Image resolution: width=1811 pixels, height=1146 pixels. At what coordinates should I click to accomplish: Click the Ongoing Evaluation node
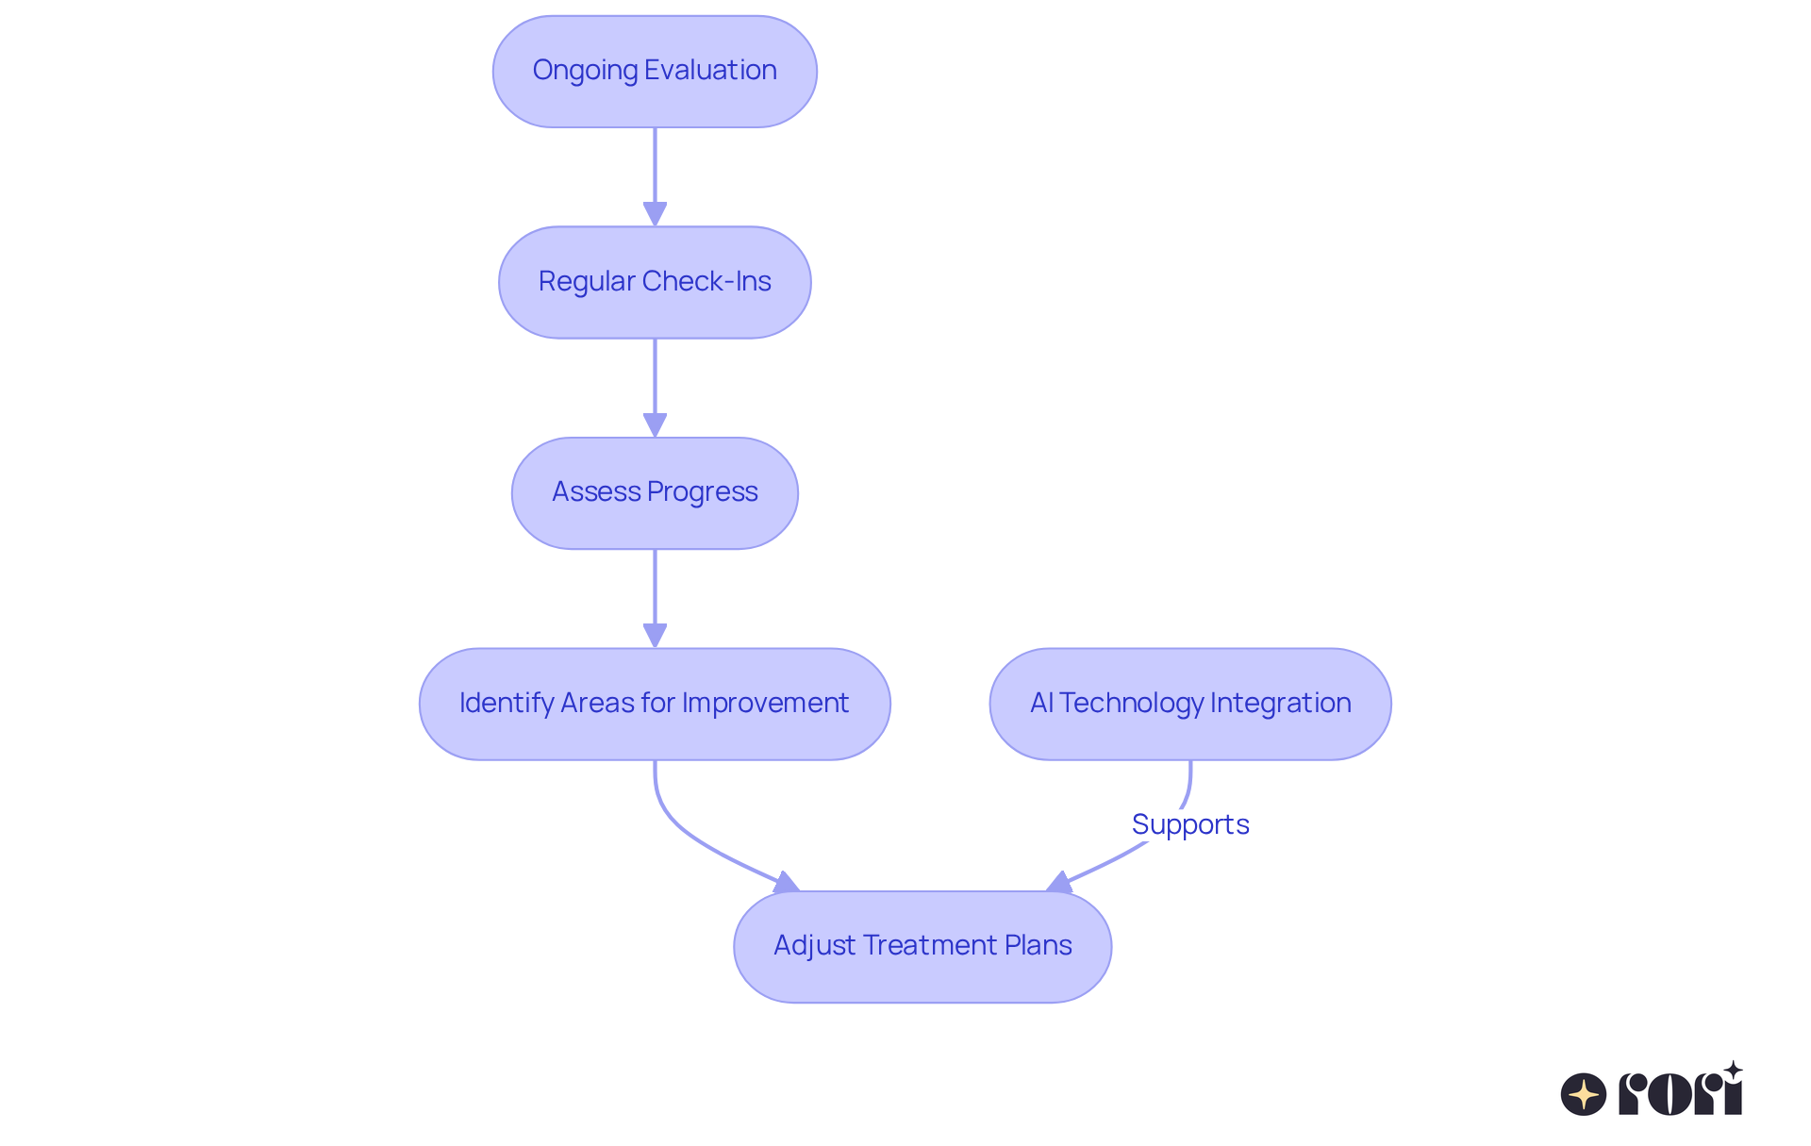coord(655,72)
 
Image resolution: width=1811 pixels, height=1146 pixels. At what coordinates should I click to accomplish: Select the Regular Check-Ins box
coord(655,282)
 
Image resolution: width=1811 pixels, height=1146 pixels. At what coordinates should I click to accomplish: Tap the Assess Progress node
coord(655,492)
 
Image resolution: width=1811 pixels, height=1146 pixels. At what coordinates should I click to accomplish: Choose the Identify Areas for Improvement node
coord(655,704)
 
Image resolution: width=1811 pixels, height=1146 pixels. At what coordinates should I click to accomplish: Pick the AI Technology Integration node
coord(1190,704)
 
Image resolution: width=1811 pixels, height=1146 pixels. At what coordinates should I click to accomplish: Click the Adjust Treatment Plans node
coord(922,946)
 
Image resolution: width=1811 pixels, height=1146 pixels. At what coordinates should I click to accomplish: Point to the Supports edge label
coord(1190,824)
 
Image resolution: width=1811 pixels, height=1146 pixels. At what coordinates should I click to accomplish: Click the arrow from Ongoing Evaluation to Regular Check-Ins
coord(655,174)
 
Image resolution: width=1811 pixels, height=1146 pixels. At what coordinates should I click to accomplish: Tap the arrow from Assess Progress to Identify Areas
coord(655,596)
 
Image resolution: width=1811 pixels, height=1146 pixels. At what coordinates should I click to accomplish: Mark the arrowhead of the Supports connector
coord(1060,883)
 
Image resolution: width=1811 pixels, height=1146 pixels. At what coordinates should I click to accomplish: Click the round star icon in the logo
coord(1584,1094)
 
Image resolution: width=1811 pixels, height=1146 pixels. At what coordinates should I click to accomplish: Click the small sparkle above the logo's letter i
coord(1733,1071)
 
